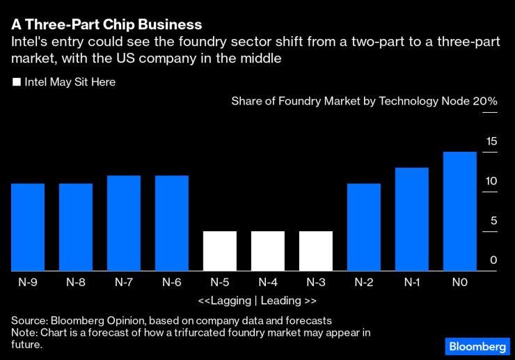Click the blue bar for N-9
pos(28,227)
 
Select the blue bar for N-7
pos(124,223)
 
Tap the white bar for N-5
pos(220,251)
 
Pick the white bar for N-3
pos(316,251)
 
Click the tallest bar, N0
pos(460,211)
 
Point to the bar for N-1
pos(412,219)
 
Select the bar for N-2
pos(364,227)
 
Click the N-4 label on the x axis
pos(268,282)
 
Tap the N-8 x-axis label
pos(76,282)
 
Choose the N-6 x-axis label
pos(172,282)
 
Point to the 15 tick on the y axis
pos(491,141)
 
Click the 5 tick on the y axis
pos(494,221)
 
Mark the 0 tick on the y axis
pos(493,260)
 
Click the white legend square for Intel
pos(17,82)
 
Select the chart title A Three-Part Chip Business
pos(106,24)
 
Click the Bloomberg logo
pos(477,346)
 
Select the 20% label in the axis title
pos(485,102)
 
